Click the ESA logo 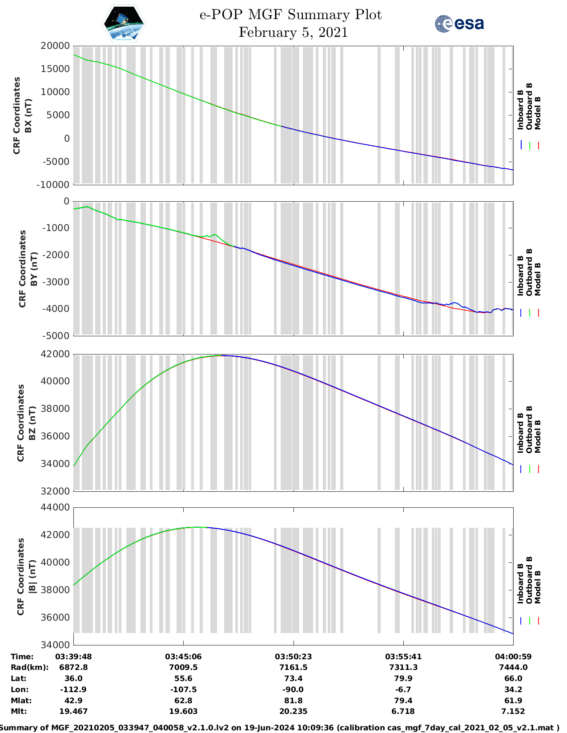pyautogui.click(x=459, y=24)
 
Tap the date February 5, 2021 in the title pyautogui.click(x=293, y=32)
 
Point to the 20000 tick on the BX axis pyautogui.click(x=55, y=46)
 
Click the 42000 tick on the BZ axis pyautogui.click(x=55, y=354)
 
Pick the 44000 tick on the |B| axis pyautogui.click(x=55, y=507)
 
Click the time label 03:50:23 pyautogui.click(x=293, y=657)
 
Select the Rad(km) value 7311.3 pyautogui.click(x=403, y=667)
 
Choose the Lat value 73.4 pyautogui.click(x=293, y=678)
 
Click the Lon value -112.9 pyautogui.click(x=73, y=689)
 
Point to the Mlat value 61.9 pyautogui.click(x=513, y=701)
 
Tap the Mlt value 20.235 pyautogui.click(x=293, y=711)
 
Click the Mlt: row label pyautogui.click(x=19, y=711)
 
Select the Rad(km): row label pyautogui.click(x=30, y=667)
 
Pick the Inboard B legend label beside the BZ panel pyautogui.click(x=520, y=433)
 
